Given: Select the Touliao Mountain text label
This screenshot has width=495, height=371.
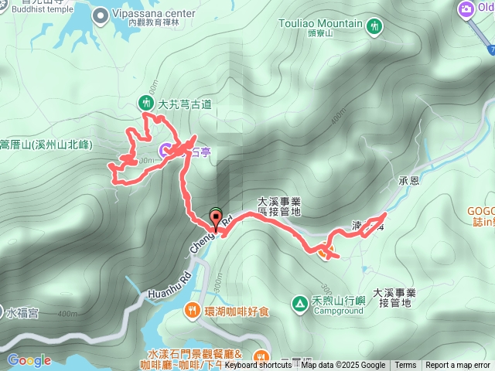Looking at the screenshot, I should [322, 24].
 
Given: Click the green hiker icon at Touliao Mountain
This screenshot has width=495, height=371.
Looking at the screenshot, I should [375, 26].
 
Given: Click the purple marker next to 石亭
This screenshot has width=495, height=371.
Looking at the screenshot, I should [166, 150].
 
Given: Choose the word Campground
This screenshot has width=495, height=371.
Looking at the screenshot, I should [338, 311].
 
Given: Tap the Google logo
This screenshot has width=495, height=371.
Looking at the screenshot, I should [29, 360].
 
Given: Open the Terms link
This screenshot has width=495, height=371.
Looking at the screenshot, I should [405, 366].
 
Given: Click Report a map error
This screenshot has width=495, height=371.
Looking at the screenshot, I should [457, 366].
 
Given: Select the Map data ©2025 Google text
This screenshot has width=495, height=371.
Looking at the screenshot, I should [343, 366].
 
